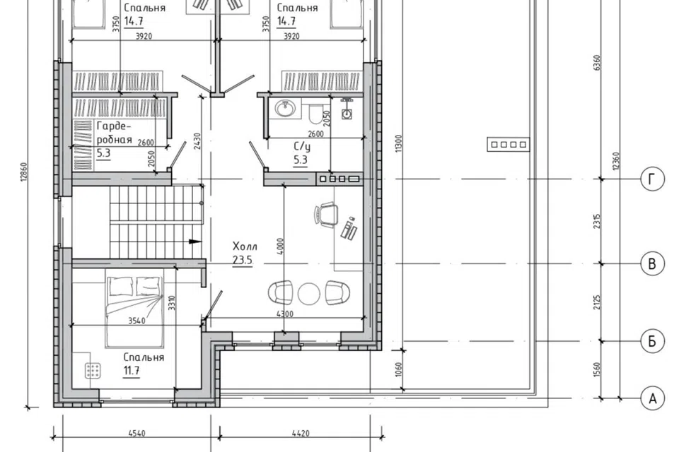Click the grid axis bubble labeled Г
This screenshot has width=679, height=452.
tap(652, 179)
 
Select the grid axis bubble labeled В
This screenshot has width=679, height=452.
tap(652, 263)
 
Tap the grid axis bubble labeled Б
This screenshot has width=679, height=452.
tap(652, 341)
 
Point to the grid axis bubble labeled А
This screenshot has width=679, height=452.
tap(652, 398)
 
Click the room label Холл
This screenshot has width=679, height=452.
tap(245, 246)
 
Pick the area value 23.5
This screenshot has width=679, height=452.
tap(243, 261)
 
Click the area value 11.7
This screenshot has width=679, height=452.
tap(132, 371)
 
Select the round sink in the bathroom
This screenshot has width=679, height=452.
tap(284, 107)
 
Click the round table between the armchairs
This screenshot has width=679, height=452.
tap(309, 293)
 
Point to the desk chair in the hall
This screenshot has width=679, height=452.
tap(326, 215)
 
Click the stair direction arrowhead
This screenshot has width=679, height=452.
tap(195, 242)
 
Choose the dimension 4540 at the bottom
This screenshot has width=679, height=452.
tap(137, 433)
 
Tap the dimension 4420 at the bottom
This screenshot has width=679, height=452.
tap(301, 433)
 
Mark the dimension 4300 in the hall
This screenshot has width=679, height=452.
tap(284, 314)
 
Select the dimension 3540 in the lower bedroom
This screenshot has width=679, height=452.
tap(137, 321)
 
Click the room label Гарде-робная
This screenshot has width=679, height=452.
tap(114, 133)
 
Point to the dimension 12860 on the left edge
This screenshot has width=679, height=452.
tap(24, 172)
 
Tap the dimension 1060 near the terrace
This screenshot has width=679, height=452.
tap(399, 369)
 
